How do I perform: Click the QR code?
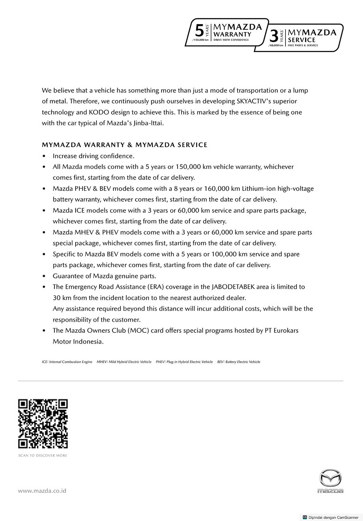[x=43, y=424]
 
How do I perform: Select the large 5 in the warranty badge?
[x=199, y=31]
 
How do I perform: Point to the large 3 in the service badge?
[x=274, y=37]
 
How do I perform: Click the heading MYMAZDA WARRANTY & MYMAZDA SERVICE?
[x=125, y=145]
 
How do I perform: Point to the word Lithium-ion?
[x=259, y=189]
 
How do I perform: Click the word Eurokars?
[x=286, y=331]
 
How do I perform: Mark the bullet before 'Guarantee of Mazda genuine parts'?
[x=44, y=276]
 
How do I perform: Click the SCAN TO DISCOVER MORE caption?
[x=43, y=455]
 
